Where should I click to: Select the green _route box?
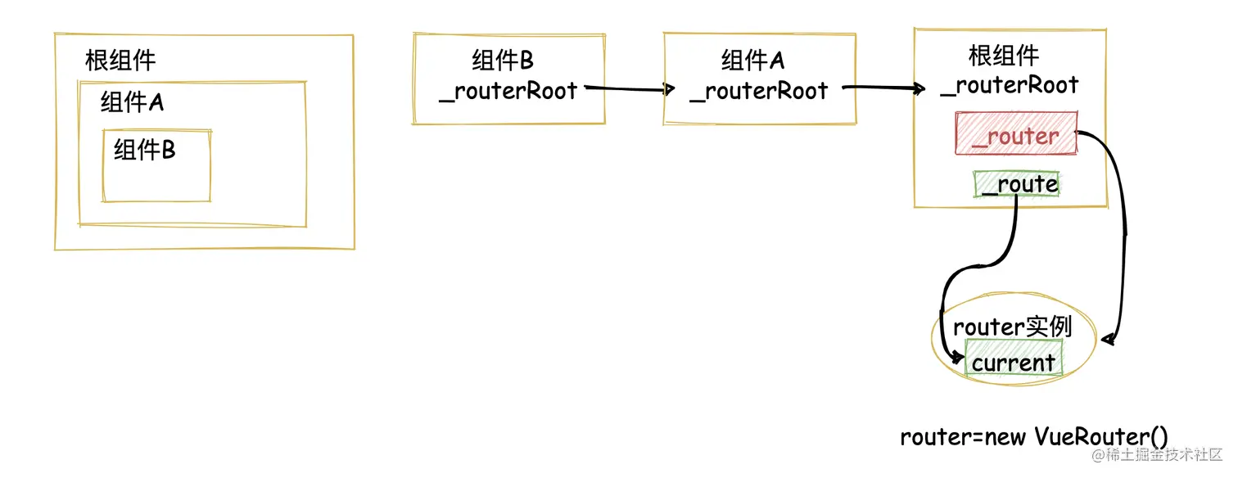(1017, 184)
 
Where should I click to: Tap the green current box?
(1014, 362)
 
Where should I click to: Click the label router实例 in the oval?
(1012, 327)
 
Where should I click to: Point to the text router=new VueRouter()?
(1033, 436)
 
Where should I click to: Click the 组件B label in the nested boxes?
(144, 150)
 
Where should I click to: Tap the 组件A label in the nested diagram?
(132, 103)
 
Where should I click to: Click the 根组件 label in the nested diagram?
(120, 60)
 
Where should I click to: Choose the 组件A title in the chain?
(752, 60)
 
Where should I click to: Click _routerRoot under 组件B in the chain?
(508, 91)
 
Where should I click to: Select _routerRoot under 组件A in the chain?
(759, 91)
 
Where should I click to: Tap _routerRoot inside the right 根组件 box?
(1010, 85)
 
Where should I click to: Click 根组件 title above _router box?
(1004, 56)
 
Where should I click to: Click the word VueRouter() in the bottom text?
(1101, 436)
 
